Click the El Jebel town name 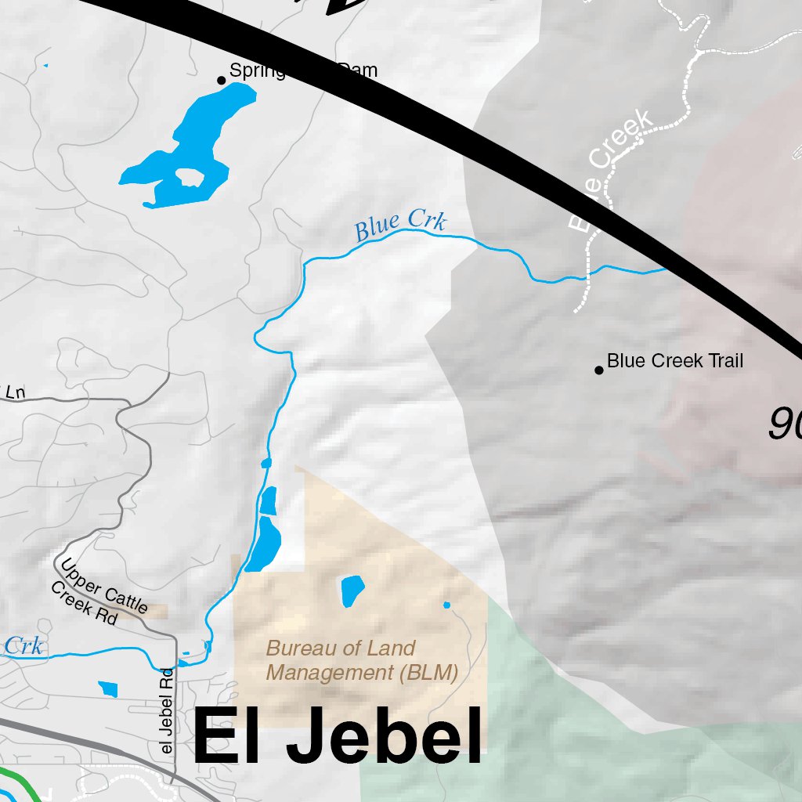click(x=337, y=736)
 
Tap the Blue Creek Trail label click(x=674, y=361)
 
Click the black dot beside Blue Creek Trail click(x=599, y=370)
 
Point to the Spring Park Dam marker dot click(x=222, y=80)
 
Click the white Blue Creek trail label click(x=609, y=172)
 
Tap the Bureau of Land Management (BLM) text click(x=361, y=660)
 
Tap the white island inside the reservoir click(x=190, y=178)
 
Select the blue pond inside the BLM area click(x=352, y=590)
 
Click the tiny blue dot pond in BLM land click(x=447, y=605)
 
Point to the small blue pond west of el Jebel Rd click(x=108, y=689)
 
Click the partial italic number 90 click(x=783, y=425)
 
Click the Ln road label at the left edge click(x=15, y=392)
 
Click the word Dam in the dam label click(x=358, y=70)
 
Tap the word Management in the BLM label click(x=323, y=673)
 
